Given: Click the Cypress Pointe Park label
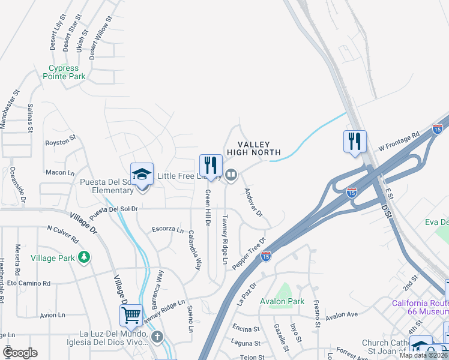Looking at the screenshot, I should coord(64,73).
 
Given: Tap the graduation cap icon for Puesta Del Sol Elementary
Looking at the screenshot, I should coord(142,174).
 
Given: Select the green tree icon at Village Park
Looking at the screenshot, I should coord(85,257).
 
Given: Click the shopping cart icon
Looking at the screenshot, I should coord(131,314).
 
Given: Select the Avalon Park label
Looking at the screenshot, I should coord(282,301).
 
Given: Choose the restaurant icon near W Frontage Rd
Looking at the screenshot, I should coord(354,142).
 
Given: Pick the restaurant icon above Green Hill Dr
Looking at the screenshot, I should coord(211,165).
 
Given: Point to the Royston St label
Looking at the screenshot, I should coord(61,143).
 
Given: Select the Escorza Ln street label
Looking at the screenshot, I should coord(167,229).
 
